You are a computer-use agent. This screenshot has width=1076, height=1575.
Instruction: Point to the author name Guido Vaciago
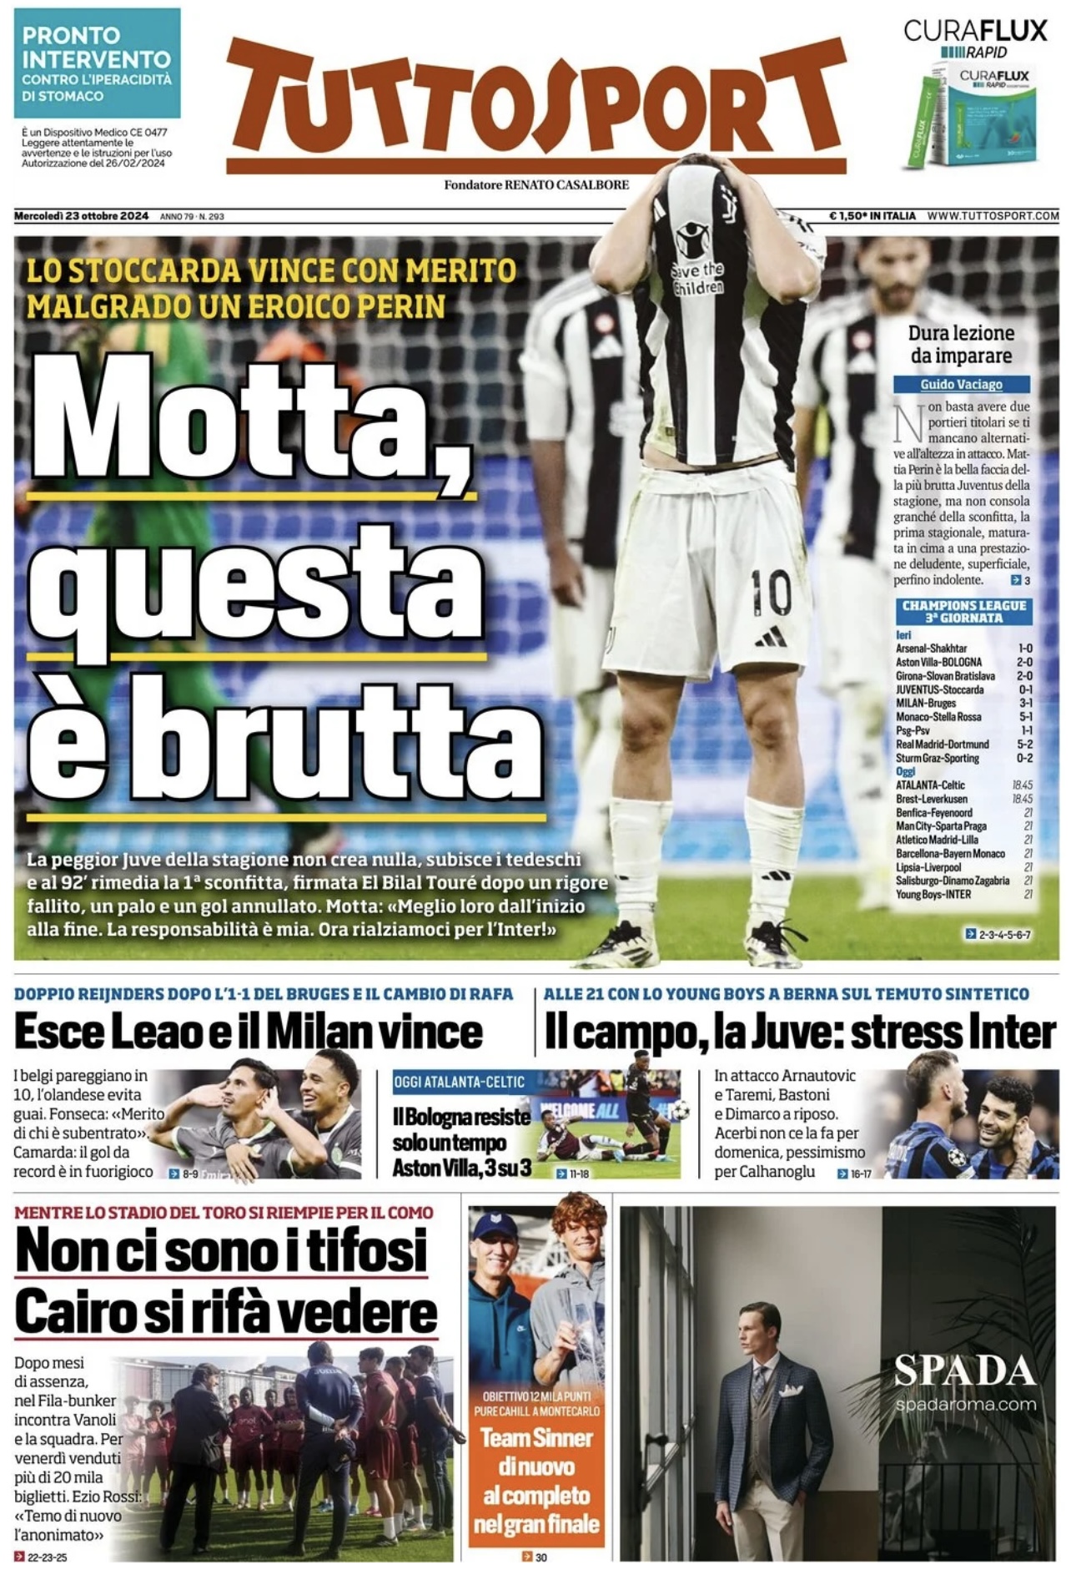pyautogui.click(x=961, y=384)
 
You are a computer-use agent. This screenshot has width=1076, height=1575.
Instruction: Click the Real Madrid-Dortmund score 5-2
pyautogui.click(x=1024, y=744)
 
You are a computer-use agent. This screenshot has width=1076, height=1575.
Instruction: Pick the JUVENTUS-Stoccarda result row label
pyautogui.click(x=939, y=689)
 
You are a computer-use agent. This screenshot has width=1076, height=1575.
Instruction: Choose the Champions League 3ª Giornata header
pyautogui.click(x=963, y=611)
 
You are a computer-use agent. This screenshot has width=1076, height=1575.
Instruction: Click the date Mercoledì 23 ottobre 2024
pyautogui.click(x=82, y=215)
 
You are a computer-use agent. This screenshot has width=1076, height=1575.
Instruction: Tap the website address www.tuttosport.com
pyautogui.click(x=993, y=215)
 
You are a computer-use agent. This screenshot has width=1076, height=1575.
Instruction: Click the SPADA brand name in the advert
pyautogui.click(x=964, y=1371)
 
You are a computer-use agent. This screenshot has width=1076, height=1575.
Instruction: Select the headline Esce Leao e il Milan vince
pyautogui.click(x=249, y=1032)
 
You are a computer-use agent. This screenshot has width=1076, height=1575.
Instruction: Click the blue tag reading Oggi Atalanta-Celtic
pyautogui.click(x=460, y=1082)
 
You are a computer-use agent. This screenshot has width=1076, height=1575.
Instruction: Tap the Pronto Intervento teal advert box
pyautogui.click(x=97, y=63)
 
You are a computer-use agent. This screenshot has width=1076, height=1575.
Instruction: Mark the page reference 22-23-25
pyautogui.click(x=47, y=1557)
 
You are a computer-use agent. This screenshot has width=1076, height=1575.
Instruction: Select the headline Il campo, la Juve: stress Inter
pyautogui.click(x=800, y=1032)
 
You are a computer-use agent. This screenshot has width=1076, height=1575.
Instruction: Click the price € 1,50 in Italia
pyautogui.click(x=872, y=215)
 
